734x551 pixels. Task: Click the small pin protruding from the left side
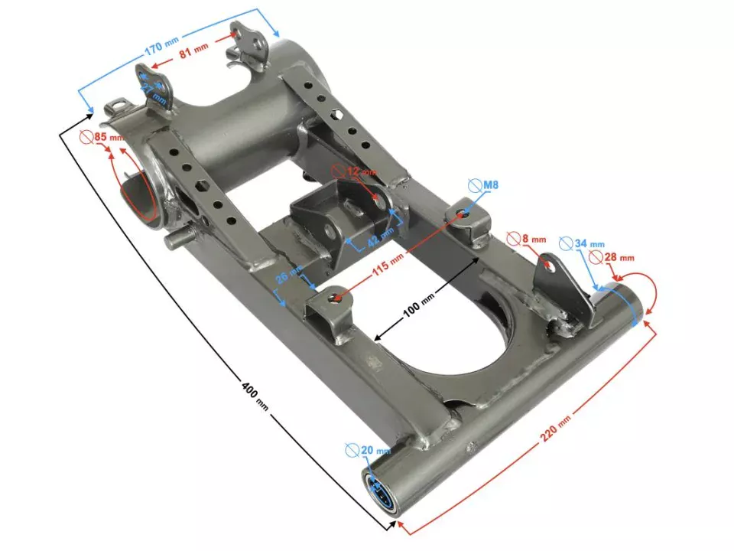[175, 239]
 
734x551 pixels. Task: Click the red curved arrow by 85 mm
[121, 172]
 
